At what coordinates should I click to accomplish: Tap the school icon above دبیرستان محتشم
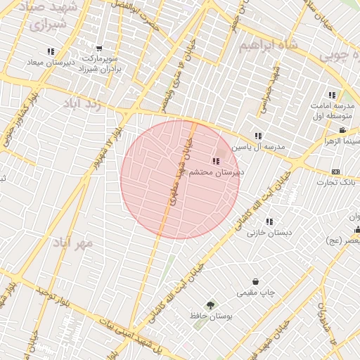(215, 161)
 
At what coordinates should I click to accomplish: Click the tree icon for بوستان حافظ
(211, 304)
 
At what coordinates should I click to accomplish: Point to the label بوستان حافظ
(211, 316)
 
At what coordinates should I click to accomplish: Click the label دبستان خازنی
(269, 232)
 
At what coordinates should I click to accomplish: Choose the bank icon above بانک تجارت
(335, 172)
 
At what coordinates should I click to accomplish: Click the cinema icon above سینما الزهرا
(342, 131)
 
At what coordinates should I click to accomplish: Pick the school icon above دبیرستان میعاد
(50, 51)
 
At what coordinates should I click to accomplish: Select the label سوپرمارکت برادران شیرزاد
(102, 63)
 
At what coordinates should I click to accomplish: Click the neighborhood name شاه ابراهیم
(269, 46)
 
